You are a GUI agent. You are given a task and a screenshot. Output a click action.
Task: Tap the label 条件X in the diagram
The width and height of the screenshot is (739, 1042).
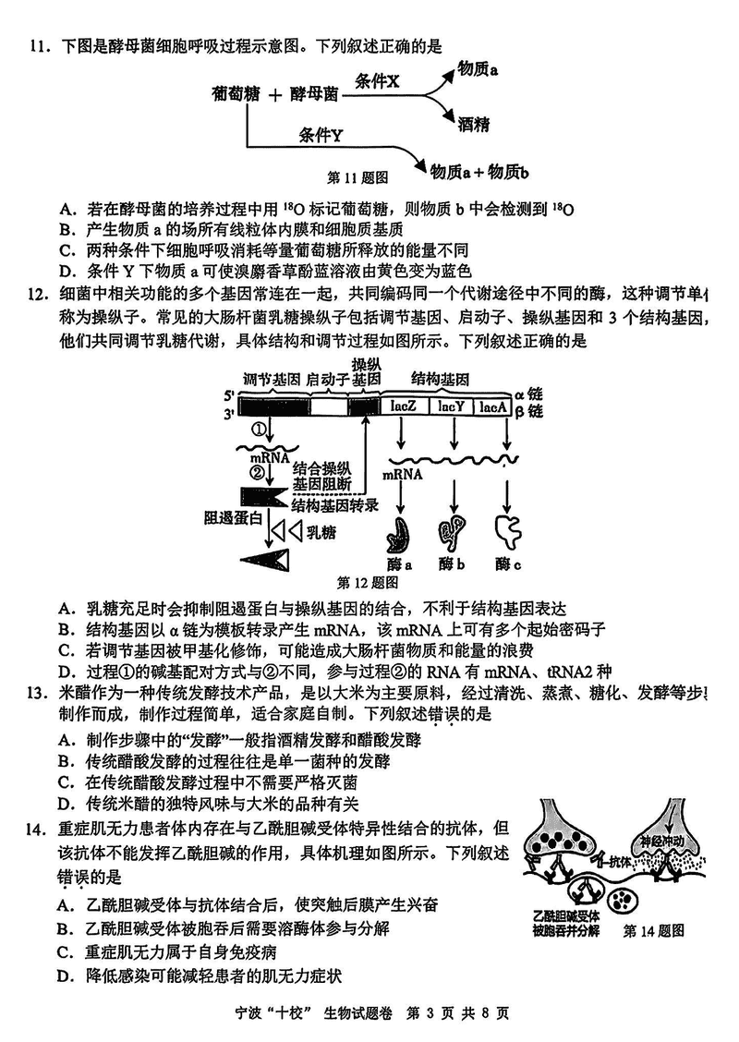click(378, 82)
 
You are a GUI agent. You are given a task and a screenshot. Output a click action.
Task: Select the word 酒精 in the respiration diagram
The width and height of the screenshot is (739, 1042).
click(473, 125)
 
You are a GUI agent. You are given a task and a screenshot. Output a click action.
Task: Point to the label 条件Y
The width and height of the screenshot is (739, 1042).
click(321, 136)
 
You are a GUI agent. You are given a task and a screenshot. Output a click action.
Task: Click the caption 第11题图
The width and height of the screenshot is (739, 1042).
click(357, 176)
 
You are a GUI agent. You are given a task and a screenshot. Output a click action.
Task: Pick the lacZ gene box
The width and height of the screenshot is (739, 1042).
click(406, 406)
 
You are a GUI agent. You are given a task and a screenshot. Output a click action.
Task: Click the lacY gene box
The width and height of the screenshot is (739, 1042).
click(451, 406)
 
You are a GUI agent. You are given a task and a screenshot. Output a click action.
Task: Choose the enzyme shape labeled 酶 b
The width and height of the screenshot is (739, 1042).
click(453, 531)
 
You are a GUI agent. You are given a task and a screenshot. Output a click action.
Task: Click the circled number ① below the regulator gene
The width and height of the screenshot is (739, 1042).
click(260, 430)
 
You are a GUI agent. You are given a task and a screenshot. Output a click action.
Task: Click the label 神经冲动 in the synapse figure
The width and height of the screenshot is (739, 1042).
click(658, 842)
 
